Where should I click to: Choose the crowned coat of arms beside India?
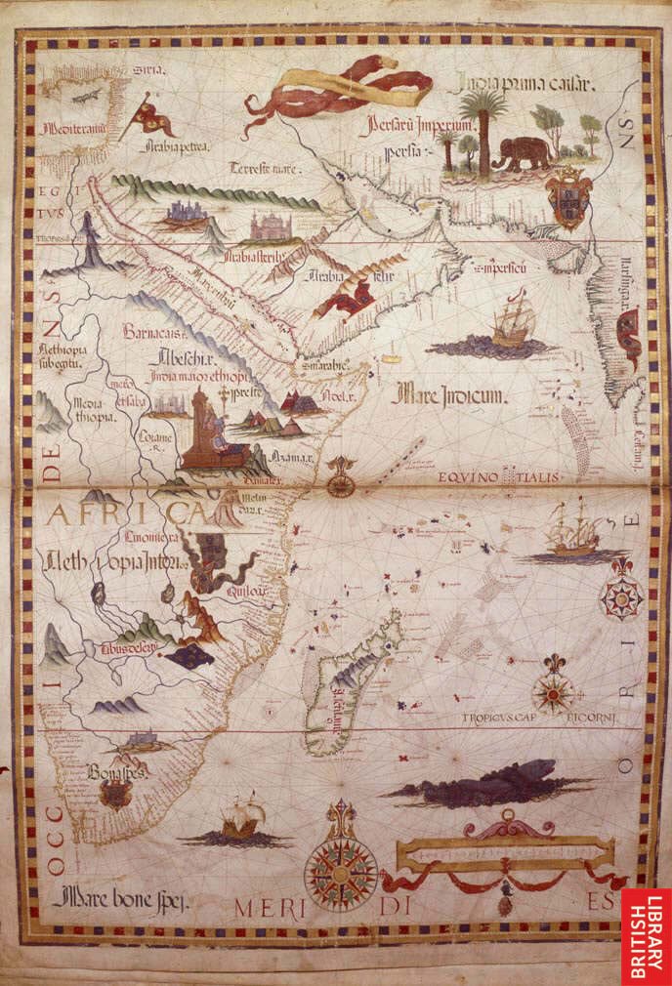pyautogui.click(x=568, y=196)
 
